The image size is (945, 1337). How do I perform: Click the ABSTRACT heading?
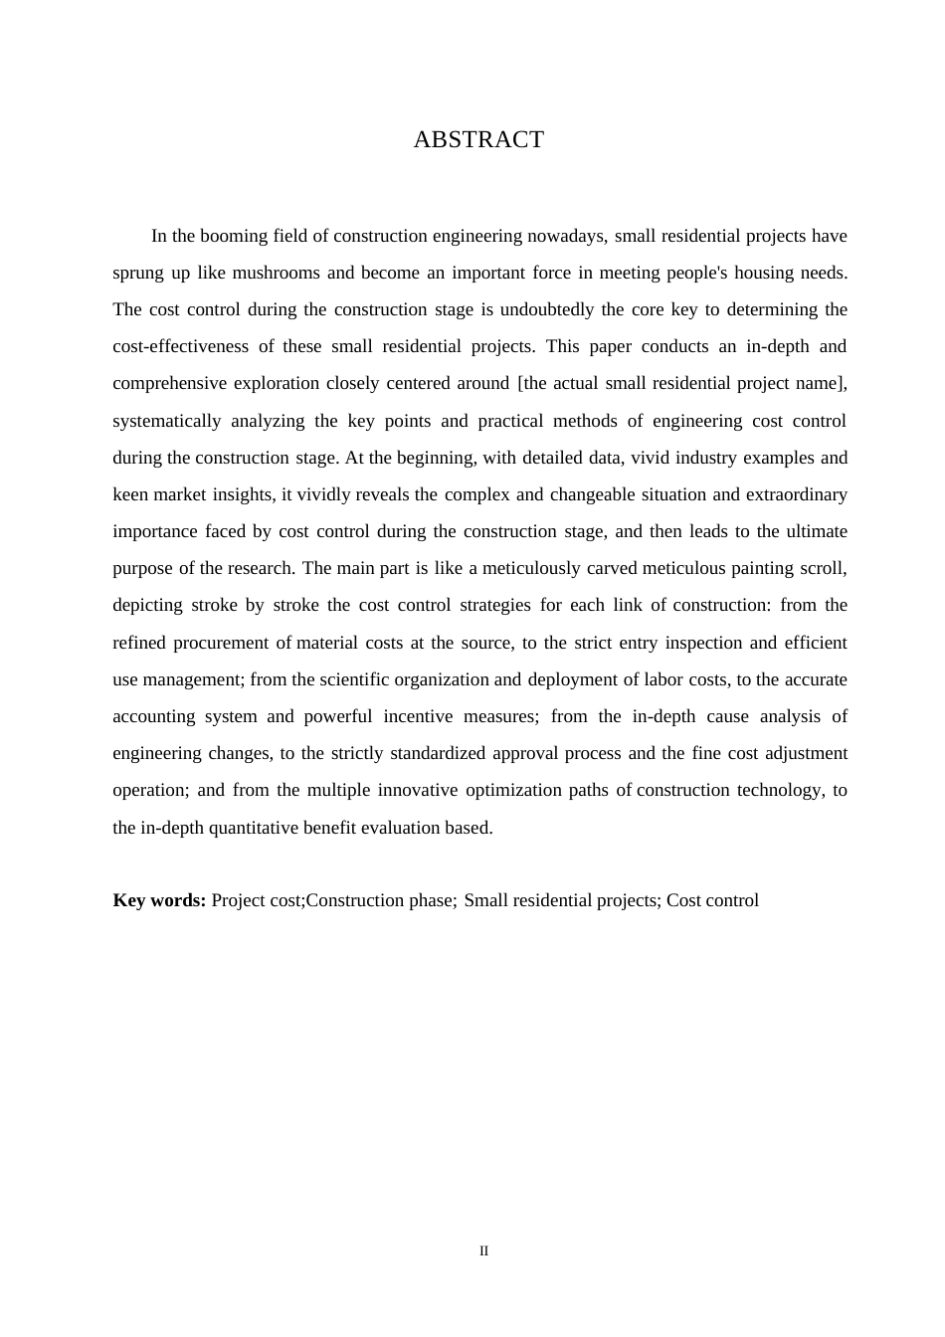pos(478,140)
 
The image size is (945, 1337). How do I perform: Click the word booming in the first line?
pos(233,237)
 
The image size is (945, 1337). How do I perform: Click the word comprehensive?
pos(167,384)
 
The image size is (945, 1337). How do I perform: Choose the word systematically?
pos(166,422)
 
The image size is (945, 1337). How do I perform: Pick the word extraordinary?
pos(794,495)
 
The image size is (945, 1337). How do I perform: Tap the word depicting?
pos(147,606)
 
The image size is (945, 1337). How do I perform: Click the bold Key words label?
pos(159,901)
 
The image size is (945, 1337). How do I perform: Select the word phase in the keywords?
pos(432,901)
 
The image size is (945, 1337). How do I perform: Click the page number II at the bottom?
pos(483,1251)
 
